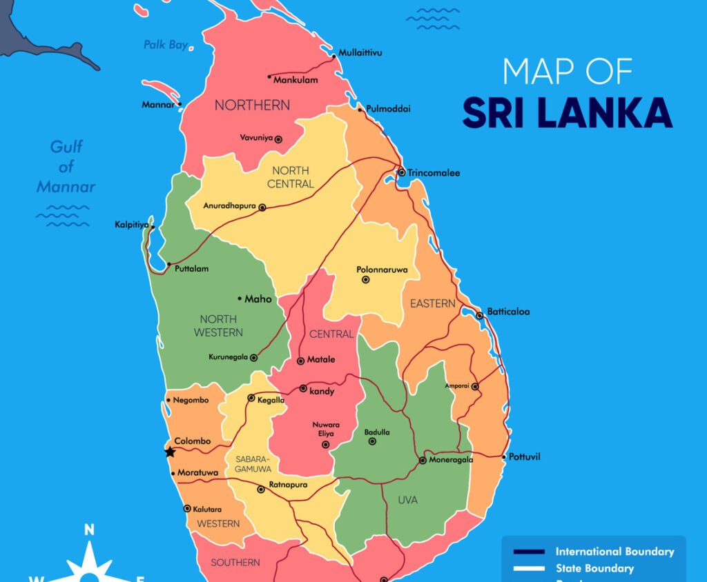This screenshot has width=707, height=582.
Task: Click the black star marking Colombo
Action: tap(169, 452)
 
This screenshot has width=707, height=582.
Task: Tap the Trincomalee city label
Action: tap(433, 173)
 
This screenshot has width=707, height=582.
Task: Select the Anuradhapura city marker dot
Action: tap(262, 207)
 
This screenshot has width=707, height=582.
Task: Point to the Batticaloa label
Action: tap(508, 312)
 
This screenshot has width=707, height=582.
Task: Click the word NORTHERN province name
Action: tap(252, 106)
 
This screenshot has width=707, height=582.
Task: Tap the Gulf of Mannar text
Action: tap(66, 166)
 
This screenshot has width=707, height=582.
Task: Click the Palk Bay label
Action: tap(165, 45)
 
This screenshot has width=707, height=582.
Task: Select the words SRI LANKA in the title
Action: tap(567, 113)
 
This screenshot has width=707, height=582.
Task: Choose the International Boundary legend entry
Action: tap(614, 552)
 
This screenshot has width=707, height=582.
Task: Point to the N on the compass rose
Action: tap(89, 530)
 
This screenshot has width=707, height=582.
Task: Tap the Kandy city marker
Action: tap(303, 389)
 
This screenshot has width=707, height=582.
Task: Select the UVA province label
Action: tap(407, 500)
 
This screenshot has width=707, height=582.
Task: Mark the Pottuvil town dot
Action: tap(504, 457)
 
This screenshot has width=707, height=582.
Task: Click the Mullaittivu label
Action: tap(360, 52)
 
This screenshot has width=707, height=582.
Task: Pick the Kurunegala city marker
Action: tap(253, 358)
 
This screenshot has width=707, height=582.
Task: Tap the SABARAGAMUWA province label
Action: tap(253, 463)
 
